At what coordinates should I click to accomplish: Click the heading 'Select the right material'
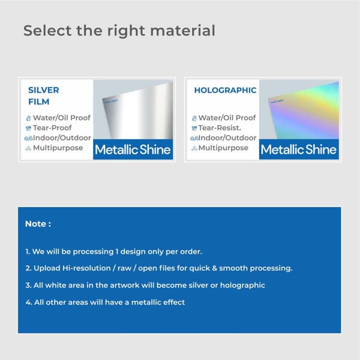(119, 30)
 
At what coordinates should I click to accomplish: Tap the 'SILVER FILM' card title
(44, 96)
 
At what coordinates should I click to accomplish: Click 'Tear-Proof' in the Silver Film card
(52, 128)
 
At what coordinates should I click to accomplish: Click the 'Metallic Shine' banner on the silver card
(133, 150)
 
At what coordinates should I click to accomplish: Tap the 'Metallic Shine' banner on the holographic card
(299, 150)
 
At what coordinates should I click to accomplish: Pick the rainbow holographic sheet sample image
(299, 111)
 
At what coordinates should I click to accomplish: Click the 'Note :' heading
(38, 224)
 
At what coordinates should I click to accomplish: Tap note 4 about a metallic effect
(105, 302)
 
